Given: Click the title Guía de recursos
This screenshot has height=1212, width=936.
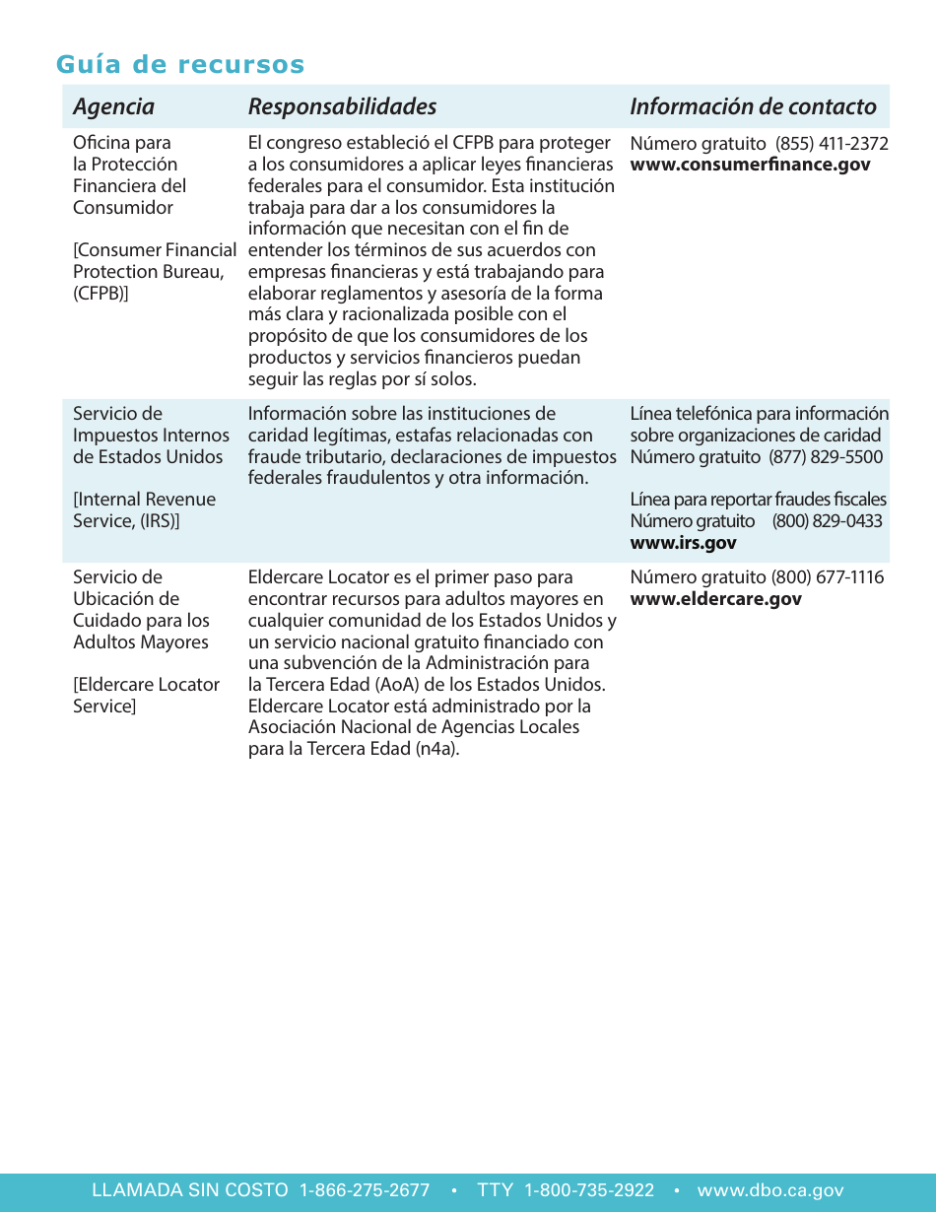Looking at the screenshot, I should point(180,65).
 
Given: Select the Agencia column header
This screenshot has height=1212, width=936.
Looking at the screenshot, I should point(113,106).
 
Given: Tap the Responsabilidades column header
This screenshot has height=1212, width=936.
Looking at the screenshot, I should point(342,106).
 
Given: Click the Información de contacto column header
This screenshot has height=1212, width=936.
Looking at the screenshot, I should point(753,106).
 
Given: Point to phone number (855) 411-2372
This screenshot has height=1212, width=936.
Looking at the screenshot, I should point(833,144).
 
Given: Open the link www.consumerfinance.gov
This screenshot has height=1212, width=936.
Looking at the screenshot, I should point(750,165).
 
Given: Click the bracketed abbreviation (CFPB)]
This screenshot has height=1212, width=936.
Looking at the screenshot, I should point(100,294).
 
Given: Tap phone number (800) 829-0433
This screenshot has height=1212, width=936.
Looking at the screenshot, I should point(827,521).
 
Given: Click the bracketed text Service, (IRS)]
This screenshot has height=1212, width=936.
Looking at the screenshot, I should point(126,521).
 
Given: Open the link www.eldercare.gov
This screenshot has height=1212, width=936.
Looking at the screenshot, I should point(715,599).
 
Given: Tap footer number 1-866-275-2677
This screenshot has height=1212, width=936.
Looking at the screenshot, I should point(365,1190).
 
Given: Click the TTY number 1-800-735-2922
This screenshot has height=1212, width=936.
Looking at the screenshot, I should point(589,1190).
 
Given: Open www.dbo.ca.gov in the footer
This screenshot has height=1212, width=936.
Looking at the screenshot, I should point(770,1190).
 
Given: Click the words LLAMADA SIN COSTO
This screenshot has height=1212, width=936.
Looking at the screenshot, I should point(190,1190).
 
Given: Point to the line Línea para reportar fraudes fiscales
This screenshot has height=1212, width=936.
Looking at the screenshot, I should point(758,500).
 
